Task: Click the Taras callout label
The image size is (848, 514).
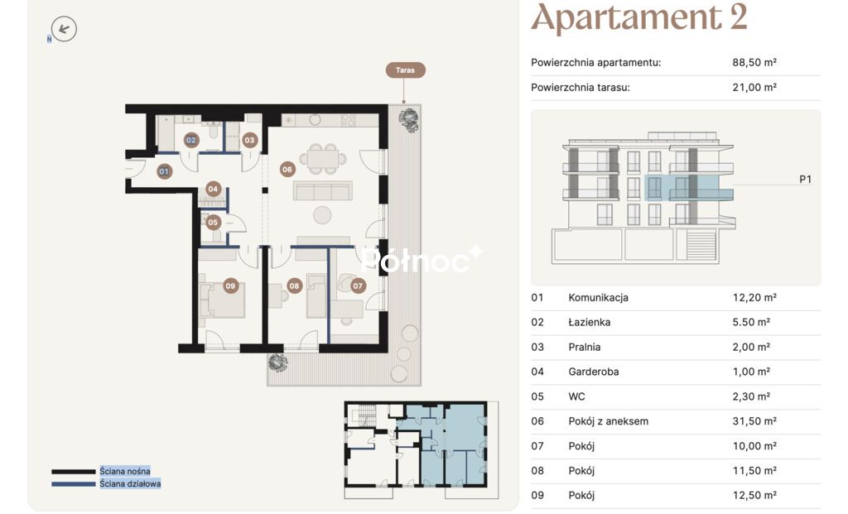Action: point(405,70)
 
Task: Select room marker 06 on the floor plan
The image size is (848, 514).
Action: point(287,169)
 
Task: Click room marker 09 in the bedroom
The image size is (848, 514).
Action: point(231,286)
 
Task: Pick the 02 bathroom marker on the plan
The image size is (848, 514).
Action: point(191,140)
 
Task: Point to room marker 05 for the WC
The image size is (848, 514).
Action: point(213,222)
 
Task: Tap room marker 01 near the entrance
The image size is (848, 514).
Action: point(164,171)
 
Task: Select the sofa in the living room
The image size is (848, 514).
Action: point(322,190)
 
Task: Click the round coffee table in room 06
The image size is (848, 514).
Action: point(322,215)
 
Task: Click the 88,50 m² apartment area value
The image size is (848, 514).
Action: point(754,62)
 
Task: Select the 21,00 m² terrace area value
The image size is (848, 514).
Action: point(754,87)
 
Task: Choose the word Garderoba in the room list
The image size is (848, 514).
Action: point(593,372)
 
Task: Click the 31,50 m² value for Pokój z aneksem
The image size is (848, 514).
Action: point(754,421)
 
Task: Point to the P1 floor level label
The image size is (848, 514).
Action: point(805,180)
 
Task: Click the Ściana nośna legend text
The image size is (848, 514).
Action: point(125,471)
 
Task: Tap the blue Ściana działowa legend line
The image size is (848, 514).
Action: point(74,484)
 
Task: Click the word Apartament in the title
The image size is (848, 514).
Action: point(626,17)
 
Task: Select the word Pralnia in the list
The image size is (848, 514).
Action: point(584,347)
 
